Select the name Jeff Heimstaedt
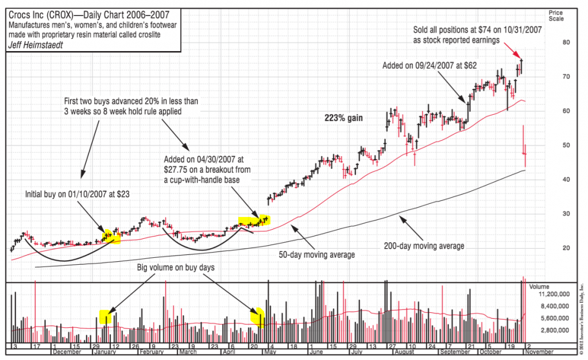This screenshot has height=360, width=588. coord(34,43)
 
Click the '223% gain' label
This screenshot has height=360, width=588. coord(346,118)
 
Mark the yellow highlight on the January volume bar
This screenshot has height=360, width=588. coord(105,316)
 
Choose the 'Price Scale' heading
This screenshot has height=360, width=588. coord(556,16)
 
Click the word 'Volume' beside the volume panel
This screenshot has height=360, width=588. coord(539,286)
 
